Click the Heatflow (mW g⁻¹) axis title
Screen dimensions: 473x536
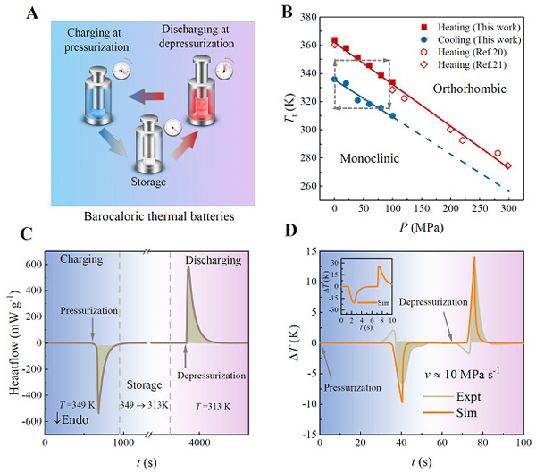12,343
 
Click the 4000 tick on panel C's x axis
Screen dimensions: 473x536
198,442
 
